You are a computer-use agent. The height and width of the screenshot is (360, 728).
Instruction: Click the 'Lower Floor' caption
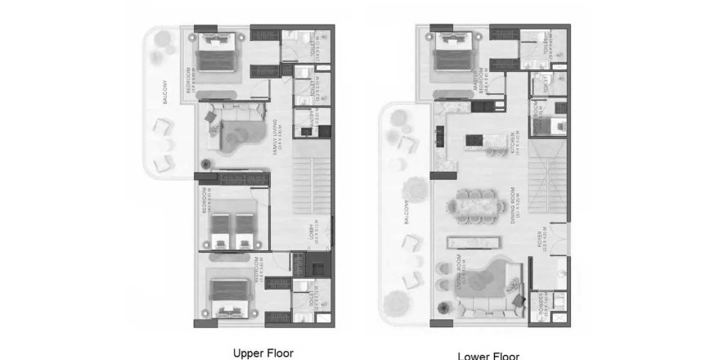click(x=489, y=355)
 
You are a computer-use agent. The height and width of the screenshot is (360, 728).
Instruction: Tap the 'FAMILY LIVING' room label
click(x=281, y=136)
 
